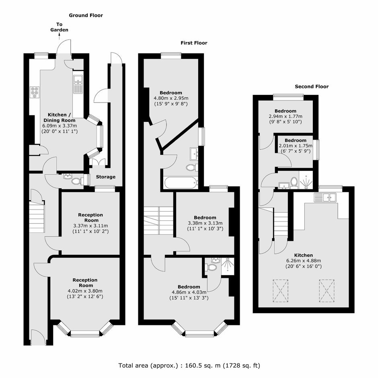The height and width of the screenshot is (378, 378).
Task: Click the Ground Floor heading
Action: click(86, 15)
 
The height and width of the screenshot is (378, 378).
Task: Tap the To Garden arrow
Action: click(59, 36)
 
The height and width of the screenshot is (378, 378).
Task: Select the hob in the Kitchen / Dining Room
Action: click(35, 92)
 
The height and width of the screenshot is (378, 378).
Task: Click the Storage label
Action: click(106, 177)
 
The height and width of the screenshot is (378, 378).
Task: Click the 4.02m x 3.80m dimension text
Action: click(85, 291)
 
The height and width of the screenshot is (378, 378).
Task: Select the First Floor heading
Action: click(194, 43)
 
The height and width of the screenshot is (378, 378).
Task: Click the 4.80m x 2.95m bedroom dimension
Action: click(171, 99)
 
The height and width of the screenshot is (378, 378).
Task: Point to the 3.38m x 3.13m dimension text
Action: click(205, 223)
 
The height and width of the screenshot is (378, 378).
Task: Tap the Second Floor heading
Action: click(312, 86)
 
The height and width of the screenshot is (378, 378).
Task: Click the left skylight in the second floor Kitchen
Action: click(281, 290)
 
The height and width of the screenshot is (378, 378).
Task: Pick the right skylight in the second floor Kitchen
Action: click(327, 290)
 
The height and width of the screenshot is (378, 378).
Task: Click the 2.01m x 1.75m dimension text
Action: click(296, 146)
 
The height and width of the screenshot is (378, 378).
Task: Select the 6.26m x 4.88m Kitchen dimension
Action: click(304, 261)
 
